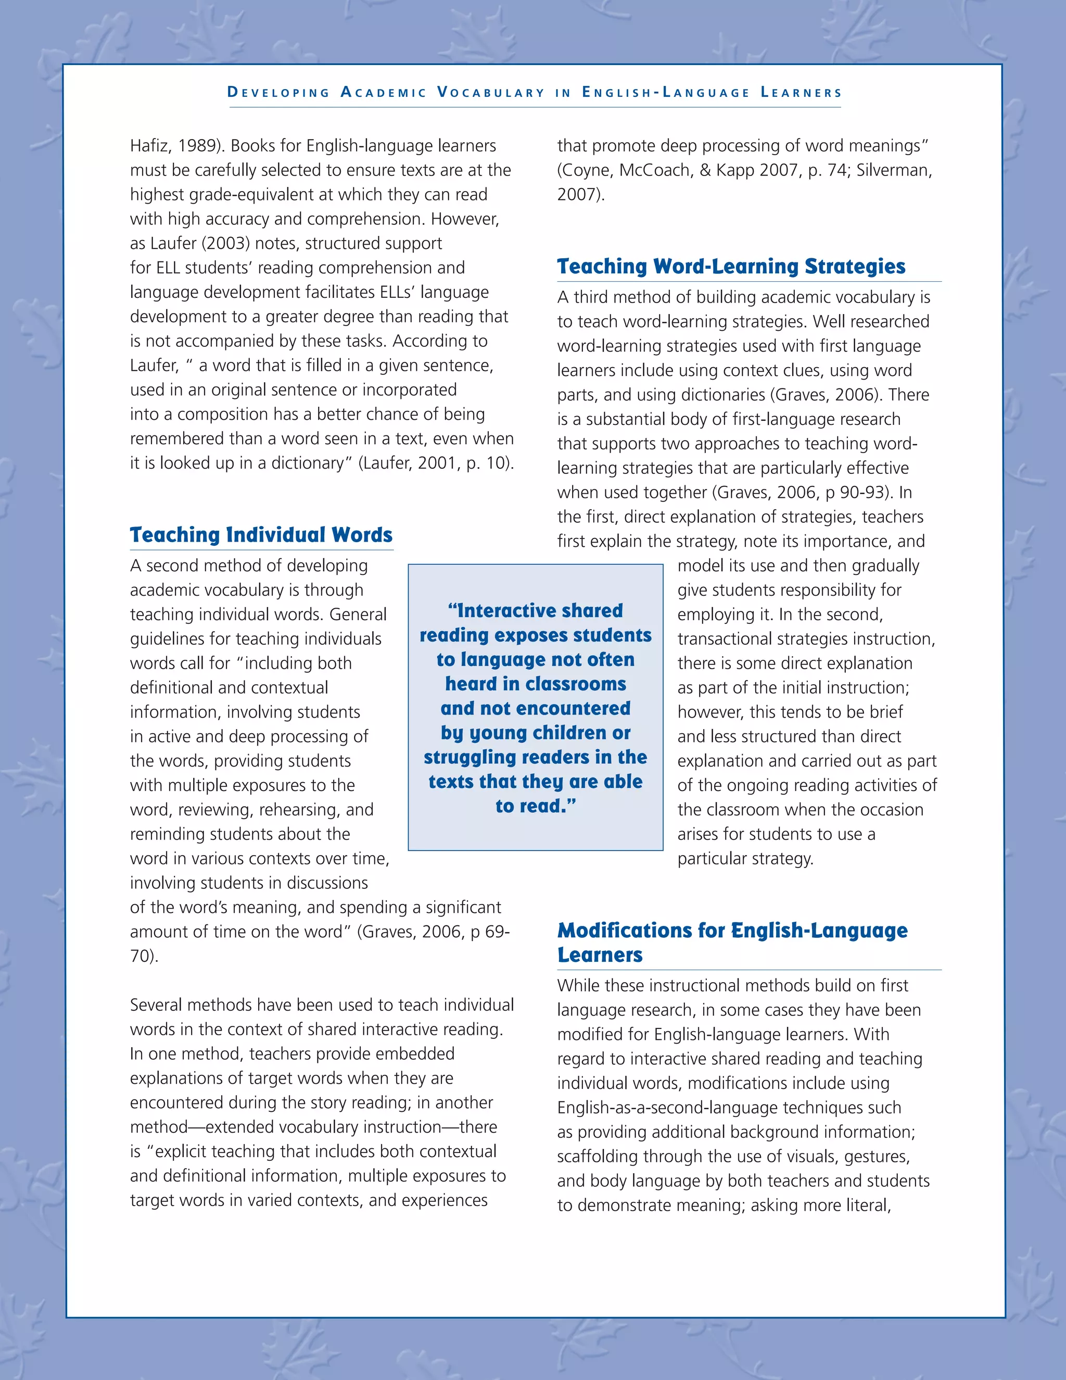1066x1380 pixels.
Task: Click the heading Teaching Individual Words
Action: click(261, 535)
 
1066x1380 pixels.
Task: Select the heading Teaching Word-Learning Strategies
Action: click(731, 267)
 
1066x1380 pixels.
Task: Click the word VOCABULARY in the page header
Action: click(491, 93)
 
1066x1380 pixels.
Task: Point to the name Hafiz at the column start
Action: click(148, 146)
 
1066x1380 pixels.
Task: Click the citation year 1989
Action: click(197, 146)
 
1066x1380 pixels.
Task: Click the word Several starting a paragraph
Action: click(159, 1005)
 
